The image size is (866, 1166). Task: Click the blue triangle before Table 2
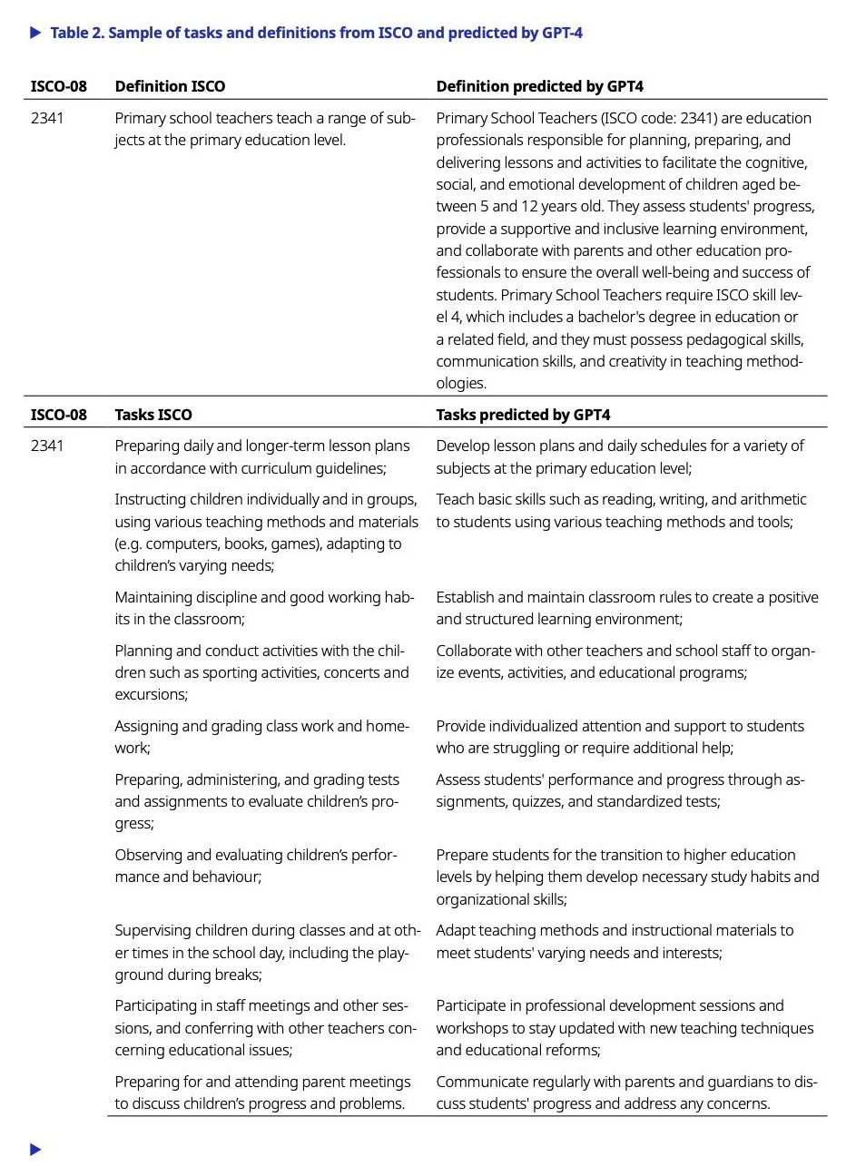click(x=35, y=33)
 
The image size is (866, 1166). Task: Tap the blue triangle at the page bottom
click(x=35, y=1150)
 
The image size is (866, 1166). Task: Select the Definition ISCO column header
click(x=170, y=86)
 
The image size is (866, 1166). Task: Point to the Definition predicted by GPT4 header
click(x=539, y=86)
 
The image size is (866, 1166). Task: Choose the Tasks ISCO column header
click(x=153, y=415)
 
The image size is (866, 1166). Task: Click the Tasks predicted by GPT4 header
click(x=523, y=415)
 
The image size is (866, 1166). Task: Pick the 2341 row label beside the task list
click(x=47, y=446)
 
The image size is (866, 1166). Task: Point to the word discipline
click(x=216, y=597)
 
